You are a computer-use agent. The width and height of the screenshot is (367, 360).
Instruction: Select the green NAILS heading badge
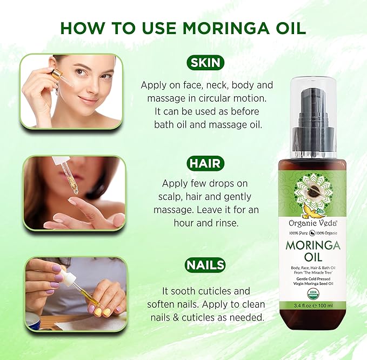[x=205, y=265]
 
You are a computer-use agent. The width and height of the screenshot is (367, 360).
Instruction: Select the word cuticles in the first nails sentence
[x=227, y=290]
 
